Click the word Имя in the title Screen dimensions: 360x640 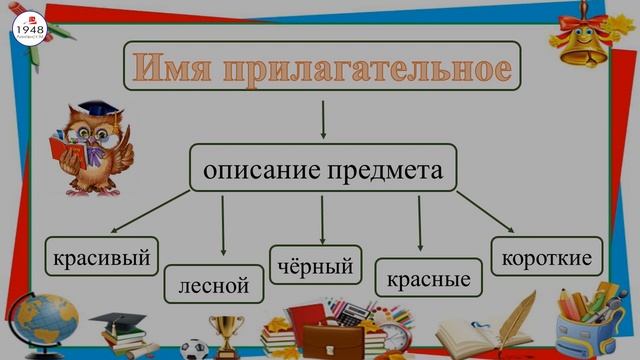[173, 68]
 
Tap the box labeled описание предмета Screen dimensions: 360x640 [322, 168]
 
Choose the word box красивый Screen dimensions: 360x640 [103, 258]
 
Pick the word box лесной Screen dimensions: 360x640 [213, 284]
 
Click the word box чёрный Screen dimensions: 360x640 [316, 266]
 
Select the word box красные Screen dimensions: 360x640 [428, 277]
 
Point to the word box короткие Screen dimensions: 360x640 [546, 258]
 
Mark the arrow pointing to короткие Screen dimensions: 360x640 [486, 212]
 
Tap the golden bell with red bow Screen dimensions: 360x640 [581, 38]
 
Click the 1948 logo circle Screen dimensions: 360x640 [29, 28]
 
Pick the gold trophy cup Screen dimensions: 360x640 [227, 334]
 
